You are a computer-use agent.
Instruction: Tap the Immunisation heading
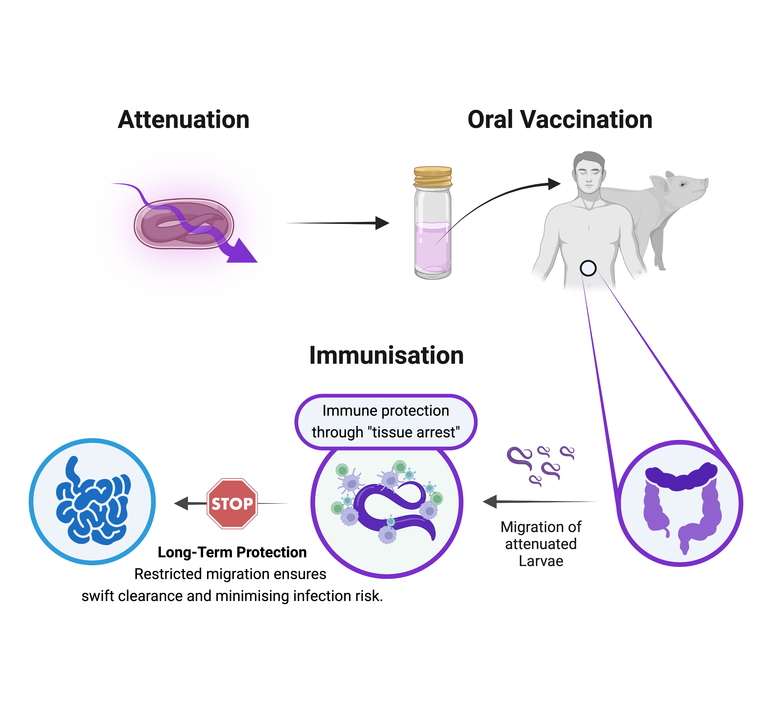tap(385, 355)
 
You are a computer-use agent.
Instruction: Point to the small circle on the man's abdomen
tap(588, 268)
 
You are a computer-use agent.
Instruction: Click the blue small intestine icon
tap(92, 501)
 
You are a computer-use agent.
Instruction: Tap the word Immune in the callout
tap(344, 411)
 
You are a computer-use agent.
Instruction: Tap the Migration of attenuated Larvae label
tap(541, 544)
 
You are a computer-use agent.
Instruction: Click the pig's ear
tap(659, 182)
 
